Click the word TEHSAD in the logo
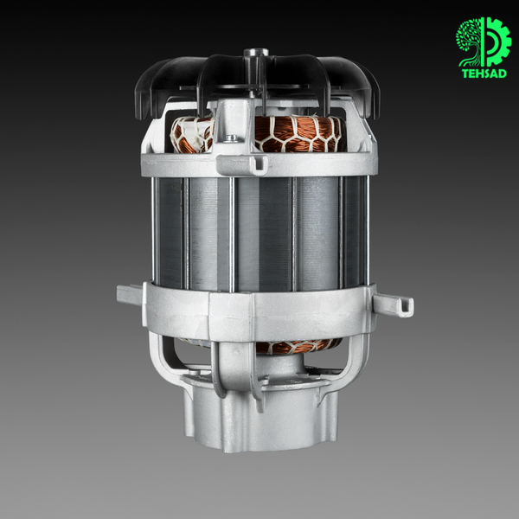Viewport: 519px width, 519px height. tap(484, 74)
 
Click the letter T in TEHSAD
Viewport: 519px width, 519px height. tap(465, 74)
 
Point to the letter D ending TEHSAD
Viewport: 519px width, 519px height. tap(503, 74)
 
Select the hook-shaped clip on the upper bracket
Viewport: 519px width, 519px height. tap(258, 164)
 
